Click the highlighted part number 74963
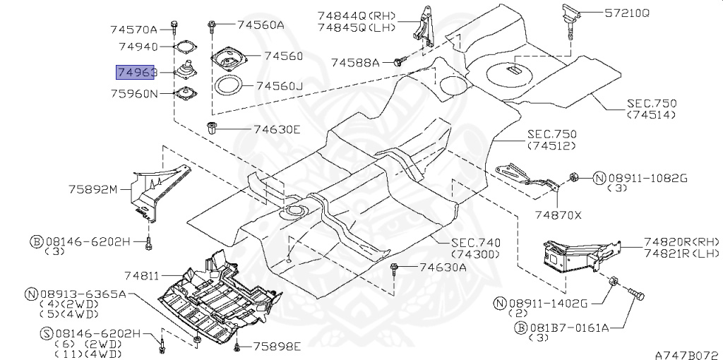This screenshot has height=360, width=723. [x=136, y=72]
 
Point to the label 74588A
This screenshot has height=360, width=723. [x=356, y=63]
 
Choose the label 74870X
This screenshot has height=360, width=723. [x=558, y=215]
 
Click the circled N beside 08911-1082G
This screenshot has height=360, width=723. [x=598, y=178]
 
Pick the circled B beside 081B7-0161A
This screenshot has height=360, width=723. [x=521, y=328]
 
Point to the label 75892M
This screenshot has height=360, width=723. [x=92, y=188]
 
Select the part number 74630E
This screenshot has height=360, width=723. [x=277, y=129]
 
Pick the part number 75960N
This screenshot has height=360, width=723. [x=133, y=92]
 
